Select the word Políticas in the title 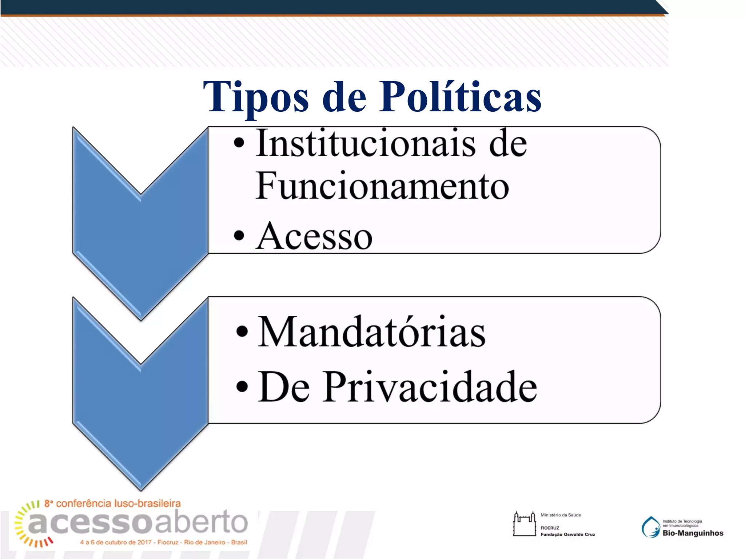(x=460, y=97)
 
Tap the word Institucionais (x=365, y=144)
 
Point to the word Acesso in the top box (x=314, y=237)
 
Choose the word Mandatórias (x=371, y=332)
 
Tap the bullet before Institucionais (x=239, y=143)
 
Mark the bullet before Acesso (x=239, y=236)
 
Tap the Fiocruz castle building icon (x=524, y=524)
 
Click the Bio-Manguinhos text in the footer (x=693, y=534)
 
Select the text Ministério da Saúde (x=561, y=515)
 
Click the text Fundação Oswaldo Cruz (x=567, y=535)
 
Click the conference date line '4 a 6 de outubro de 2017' (x=116, y=543)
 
